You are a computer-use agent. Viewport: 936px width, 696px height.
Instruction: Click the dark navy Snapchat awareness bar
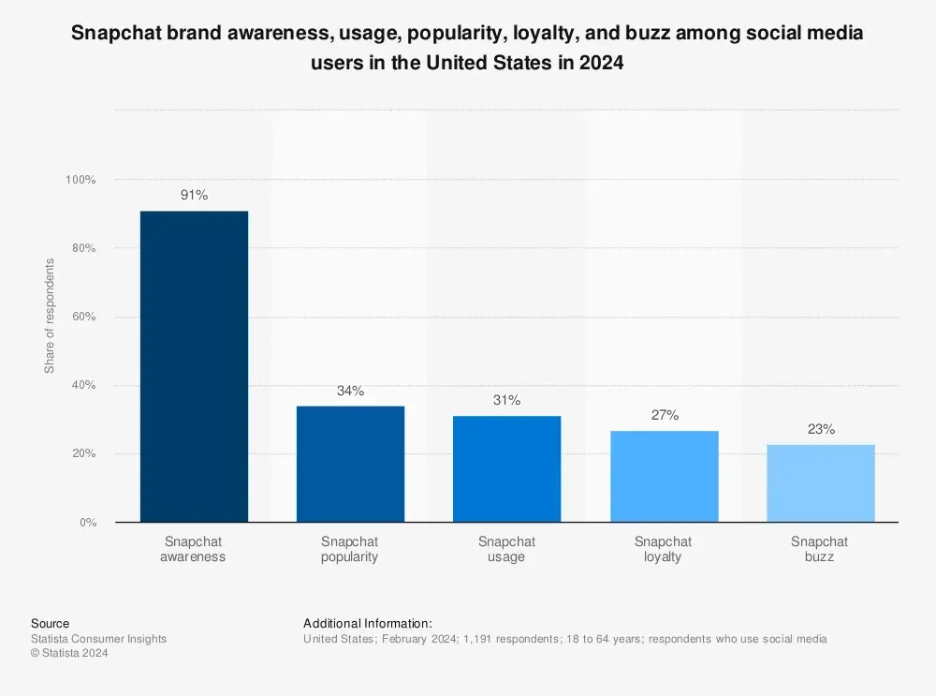pyautogui.click(x=194, y=366)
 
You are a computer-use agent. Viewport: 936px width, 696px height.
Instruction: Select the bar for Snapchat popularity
pyautogui.click(x=350, y=464)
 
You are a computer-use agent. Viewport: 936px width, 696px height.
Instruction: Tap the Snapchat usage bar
pyautogui.click(x=506, y=468)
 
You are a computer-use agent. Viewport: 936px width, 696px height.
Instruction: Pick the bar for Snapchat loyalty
pyautogui.click(x=664, y=476)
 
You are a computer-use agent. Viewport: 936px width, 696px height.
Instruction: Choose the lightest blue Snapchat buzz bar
pyautogui.click(x=820, y=482)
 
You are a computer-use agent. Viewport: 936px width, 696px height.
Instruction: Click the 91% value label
pyautogui.click(x=194, y=196)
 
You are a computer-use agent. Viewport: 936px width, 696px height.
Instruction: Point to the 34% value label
pyautogui.click(x=350, y=391)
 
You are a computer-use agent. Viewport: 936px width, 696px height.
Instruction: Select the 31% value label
pyautogui.click(x=506, y=401)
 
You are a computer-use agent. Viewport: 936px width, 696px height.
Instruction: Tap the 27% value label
pyautogui.click(x=664, y=415)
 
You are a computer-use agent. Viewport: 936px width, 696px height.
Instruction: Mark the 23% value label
pyautogui.click(x=820, y=429)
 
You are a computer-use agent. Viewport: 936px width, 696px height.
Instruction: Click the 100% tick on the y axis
pyautogui.click(x=80, y=180)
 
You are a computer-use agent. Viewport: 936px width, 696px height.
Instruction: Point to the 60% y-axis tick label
pyautogui.click(x=83, y=317)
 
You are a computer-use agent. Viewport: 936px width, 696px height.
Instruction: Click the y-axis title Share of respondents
pyautogui.click(x=50, y=316)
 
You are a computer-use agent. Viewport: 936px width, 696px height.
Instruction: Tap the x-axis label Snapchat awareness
pyautogui.click(x=194, y=549)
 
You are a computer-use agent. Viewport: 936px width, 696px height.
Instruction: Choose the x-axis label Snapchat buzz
pyautogui.click(x=820, y=549)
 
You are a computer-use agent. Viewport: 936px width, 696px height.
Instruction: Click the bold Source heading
pyautogui.click(x=50, y=623)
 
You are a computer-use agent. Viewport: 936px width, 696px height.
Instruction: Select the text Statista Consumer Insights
pyautogui.click(x=98, y=639)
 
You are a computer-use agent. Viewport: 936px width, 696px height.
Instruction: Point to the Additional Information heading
pyautogui.click(x=368, y=623)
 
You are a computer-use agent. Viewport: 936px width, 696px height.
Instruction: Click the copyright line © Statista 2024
pyautogui.click(x=69, y=654)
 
